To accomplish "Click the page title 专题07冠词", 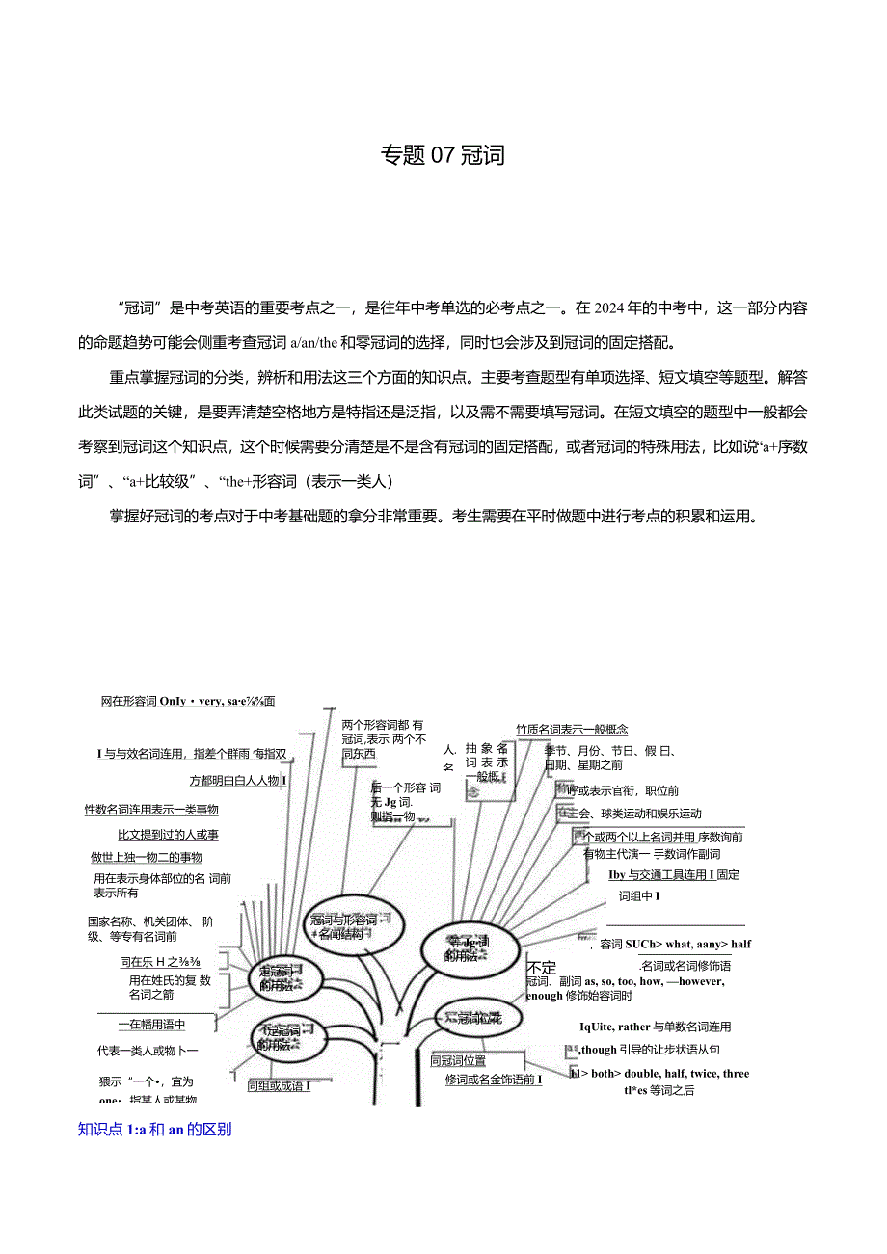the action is pyautogui.click(x=443, y=155).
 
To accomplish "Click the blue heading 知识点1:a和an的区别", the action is pyautogui.click(x=154, y=1130).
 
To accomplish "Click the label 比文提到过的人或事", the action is pyautogui.click(x=168, y=835).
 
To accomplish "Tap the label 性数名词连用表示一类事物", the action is pyautogui.click(x=151, y=810).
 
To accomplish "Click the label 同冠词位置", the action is pyautogui.click(x=458, y=1061).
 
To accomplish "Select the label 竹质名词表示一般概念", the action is pyautogui.click(x=572, y=730).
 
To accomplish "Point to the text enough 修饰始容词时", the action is pyautogui.click(x=579, y=995).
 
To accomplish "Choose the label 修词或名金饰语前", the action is pyautogui.click(x=494, y=1080).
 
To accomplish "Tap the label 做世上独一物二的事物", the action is pyautogui.click(x=147, y=857).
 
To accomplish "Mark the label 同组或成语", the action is pyautogui.click(x=279, y=1085).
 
